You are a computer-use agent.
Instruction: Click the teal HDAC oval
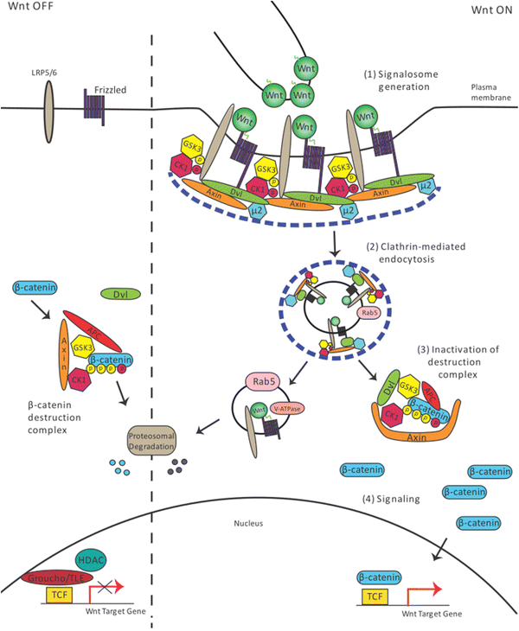coord(92,561)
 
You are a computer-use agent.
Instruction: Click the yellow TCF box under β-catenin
coord(373,596)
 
